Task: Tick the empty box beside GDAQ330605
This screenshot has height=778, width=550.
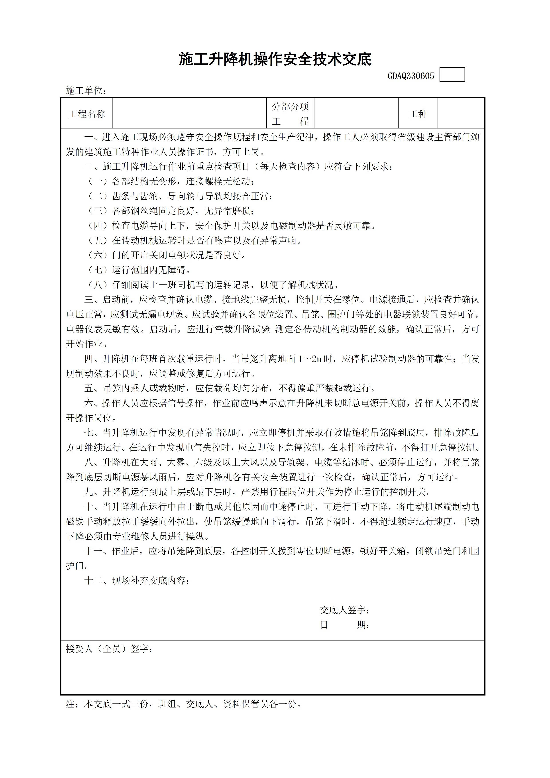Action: tap(452, 75)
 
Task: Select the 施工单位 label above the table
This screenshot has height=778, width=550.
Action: tap(86, 91)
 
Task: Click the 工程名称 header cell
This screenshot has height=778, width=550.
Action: tap(87, 114)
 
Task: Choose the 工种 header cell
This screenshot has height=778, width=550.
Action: tap(418, 114)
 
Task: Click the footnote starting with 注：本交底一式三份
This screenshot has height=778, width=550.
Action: tap(183, 704)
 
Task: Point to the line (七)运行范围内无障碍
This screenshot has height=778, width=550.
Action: tap(139, 270)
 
